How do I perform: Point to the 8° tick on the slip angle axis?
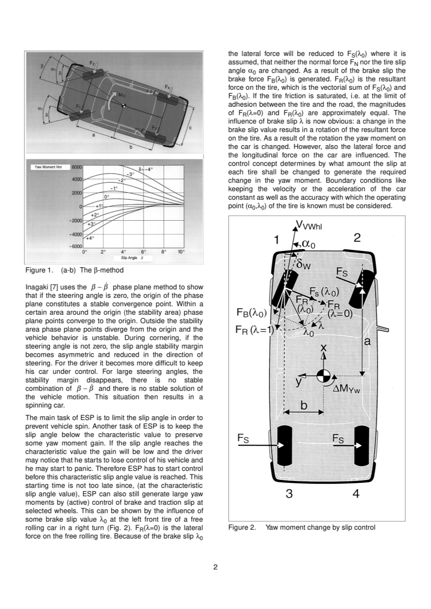pyautogui.click(x=163, y=252)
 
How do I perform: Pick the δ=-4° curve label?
pyautogui.click(x=145, y=169)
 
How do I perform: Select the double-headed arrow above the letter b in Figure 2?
pyautogui.click(x=304, y=412)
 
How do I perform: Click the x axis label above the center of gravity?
pyautogui.click(x=324, y=349)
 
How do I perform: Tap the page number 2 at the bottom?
pyautogui.click(x=215, y=568)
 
